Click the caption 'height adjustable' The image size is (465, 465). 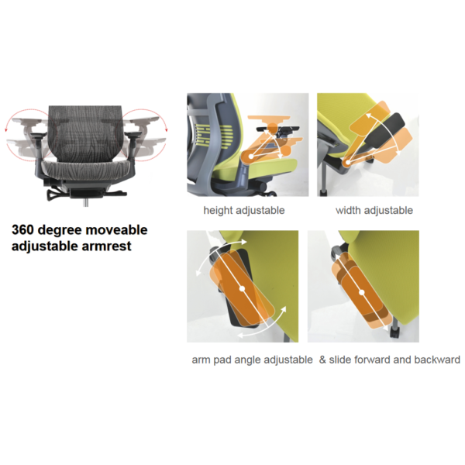(244, 210)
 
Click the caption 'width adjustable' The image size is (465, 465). (374, 210)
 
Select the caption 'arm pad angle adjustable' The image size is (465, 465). (252, 360)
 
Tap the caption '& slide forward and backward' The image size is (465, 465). (390, 360)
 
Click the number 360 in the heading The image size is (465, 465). (27, 230)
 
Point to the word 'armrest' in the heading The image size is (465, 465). (105, 246)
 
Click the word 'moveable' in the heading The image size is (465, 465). (117, 230)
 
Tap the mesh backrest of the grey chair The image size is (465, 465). (84, 128)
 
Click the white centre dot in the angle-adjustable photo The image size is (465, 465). (243, 288)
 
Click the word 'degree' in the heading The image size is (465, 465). (67, 230)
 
